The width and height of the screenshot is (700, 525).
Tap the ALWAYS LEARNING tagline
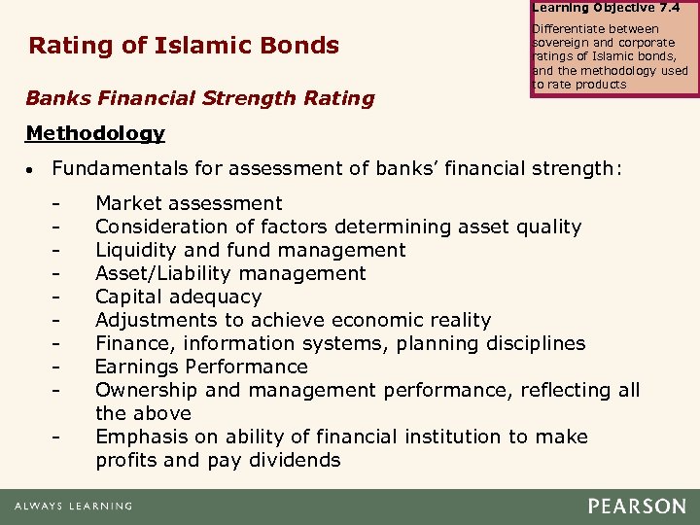click(x=73, y=507)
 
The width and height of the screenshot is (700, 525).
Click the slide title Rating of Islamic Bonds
click(x=184, y=46)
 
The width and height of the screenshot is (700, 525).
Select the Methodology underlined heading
click(x=95, y=133)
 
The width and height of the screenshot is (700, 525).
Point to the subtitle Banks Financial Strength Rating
click(x=199, y=98)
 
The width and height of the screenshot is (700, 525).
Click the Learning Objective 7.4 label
click(x=606, y=7)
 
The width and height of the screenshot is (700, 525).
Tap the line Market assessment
click(x=189, y=203)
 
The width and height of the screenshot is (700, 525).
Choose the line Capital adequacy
click(x=178, y=297)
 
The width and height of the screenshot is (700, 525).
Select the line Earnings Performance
click(x=201, y=367)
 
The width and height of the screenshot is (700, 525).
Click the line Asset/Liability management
click(x=230, y=273)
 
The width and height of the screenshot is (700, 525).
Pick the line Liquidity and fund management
click(x=250, y=250)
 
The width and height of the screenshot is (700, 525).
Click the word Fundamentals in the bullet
click(x=120, y=168)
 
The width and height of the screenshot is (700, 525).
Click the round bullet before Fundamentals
click(x=30, y=169)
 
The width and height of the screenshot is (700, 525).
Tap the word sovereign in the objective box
click(x=562, y=43)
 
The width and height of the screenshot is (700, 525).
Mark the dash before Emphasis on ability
click(x=57, y=437)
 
